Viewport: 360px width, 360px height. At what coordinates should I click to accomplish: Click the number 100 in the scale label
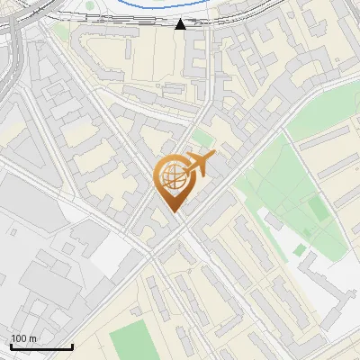[19, 338]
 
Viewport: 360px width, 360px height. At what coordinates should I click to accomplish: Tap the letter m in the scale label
[31, 338]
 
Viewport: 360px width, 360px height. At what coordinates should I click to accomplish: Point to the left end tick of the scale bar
[11, 346]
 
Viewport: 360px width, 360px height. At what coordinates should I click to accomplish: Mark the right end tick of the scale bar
[72, 346]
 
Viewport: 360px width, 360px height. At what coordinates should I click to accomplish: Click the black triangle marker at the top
[180, 23]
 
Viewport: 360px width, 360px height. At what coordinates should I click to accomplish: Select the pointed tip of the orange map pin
[171, 211]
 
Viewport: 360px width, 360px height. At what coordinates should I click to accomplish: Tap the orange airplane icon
[199, 166]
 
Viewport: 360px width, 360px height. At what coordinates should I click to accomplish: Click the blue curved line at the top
[135, 7]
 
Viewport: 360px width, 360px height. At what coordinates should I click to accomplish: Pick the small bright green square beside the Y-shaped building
[300, 249]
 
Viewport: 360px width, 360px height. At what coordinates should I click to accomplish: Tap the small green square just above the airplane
[202, 138]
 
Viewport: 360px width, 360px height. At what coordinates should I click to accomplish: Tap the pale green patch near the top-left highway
[61, 31]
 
